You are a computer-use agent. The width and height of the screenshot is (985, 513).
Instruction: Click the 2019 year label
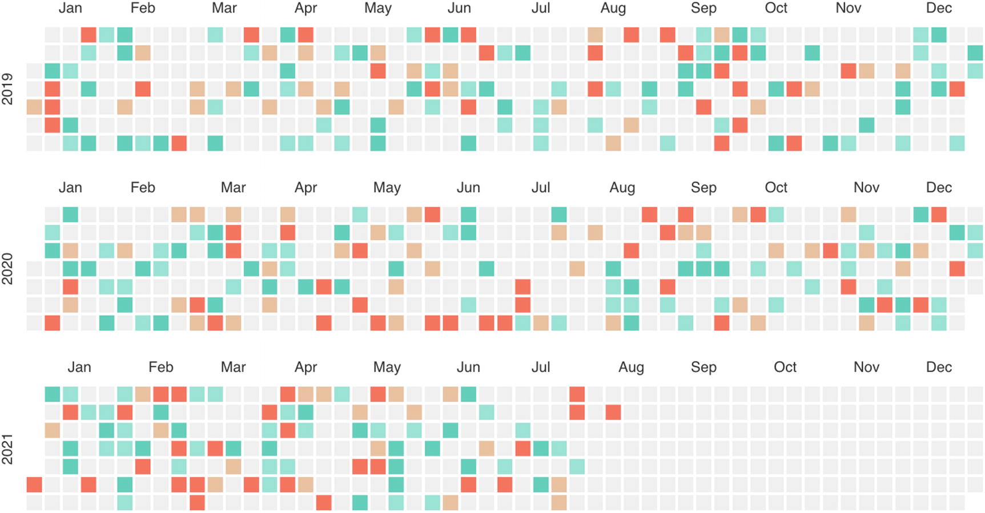click(x=7, y=89)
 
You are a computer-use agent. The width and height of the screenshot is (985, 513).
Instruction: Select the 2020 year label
click(x=7, y=269)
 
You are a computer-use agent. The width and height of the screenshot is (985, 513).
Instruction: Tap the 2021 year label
click(x=7, y=449)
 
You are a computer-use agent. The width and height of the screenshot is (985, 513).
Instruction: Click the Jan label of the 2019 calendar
click(x=70, y=8)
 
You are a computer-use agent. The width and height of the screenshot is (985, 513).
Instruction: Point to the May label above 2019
click(x=378, y=8)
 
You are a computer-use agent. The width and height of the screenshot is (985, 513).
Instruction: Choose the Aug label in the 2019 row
click(x=613, y=8)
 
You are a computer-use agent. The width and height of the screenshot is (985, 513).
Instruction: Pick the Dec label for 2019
click(x=939, y=8)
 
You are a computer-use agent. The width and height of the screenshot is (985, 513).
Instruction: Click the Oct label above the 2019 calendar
click(x=776, y=8)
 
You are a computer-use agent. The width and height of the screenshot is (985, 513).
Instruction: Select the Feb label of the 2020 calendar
click(x=143, y=188)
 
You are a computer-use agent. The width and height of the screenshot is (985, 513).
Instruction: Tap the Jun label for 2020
click(x=468, y=188)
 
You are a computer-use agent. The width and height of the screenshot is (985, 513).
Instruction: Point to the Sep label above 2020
click(x=703, y=188)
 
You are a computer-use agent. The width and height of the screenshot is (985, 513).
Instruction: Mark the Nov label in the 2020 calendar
click(x=866, y=188)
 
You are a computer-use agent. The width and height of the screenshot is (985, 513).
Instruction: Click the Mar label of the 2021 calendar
click(x=233, y=367)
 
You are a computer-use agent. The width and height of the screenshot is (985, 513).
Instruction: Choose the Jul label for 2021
click(x=541, y=367)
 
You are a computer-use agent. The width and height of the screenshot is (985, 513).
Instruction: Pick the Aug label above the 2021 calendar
click(x=631, y=367)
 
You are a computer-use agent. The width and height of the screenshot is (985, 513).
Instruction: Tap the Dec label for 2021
click(x=939, y=367)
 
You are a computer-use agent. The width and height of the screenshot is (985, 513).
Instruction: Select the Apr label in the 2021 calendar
click(x=305, y=367)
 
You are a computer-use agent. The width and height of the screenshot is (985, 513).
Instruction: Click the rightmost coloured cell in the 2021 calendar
click(x=613, y=412)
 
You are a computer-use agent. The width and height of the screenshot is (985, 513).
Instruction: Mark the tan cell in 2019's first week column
click(x=34, y=107)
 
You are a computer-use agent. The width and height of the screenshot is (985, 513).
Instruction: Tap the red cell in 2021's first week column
click(x=34, y=485)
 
